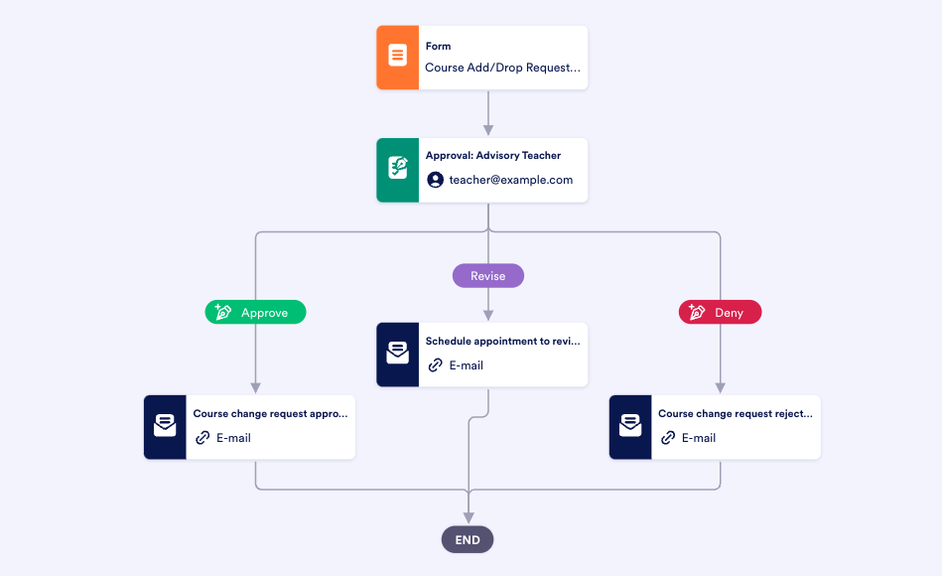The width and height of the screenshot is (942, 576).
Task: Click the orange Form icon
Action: pos(397,58)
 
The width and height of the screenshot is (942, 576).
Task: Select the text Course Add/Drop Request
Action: pos(502,69)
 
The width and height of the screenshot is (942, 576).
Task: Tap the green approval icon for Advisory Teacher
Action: pos(397,170)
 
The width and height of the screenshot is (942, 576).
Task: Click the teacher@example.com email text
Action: pos(510,180)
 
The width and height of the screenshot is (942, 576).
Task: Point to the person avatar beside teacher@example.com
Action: pos(435,180)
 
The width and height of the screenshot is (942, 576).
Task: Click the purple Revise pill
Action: pos(487,276)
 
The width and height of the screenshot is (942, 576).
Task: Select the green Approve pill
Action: pos(255,312)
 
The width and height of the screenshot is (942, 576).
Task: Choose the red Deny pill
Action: pos(720,312)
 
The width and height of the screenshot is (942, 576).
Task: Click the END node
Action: pos(468,540)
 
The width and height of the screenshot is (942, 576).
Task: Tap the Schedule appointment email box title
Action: pos(502,341)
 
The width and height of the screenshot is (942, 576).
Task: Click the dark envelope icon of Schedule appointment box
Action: pos(397,354)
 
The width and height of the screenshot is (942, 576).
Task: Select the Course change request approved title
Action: pos(270,413)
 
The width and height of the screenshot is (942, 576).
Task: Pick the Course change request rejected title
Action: pos(735,413)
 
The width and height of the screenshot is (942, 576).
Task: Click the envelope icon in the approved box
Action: pos(165,426)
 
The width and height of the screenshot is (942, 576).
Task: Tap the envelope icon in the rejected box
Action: pos(629,426)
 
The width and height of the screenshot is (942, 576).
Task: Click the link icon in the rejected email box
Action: pos(668,437)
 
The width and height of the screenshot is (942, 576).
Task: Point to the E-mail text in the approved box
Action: pos(233,437)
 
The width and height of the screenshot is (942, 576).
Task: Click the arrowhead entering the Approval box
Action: pos(487,130)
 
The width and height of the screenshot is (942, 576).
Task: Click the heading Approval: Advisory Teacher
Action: pos(493,156)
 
